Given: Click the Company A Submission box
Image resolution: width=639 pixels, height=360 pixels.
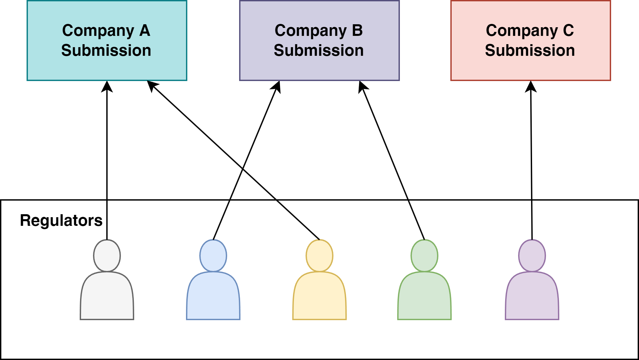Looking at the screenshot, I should click(107, 41).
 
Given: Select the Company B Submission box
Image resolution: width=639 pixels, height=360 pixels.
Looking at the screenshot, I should click(319, 41).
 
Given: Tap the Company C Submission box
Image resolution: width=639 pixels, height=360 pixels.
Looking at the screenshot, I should click(530, 41).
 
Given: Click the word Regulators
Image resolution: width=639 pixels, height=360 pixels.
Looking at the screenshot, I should click(61, 220).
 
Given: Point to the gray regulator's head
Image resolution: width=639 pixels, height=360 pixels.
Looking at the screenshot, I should click(107, 256).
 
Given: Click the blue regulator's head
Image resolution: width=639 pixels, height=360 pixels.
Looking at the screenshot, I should click(213, 256).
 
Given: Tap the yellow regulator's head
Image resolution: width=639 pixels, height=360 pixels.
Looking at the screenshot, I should click(319, 256).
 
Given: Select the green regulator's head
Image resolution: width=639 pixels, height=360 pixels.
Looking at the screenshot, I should click(424, 256).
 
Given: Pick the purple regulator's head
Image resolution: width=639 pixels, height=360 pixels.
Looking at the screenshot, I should click(532, 256).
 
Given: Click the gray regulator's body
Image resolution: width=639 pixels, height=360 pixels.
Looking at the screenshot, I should click(107, 297).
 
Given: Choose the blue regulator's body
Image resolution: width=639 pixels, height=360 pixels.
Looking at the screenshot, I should click(213, 297).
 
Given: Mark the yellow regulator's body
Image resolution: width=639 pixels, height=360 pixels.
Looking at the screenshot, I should click(319, 297).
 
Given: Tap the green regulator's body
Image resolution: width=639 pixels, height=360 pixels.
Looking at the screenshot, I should click(424, 297).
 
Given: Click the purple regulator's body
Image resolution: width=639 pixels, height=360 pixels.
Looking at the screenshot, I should click(532, 297).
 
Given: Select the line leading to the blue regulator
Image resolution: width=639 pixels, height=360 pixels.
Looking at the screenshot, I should click(222, 220).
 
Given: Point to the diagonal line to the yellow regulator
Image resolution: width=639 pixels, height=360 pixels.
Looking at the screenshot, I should click(298, 220).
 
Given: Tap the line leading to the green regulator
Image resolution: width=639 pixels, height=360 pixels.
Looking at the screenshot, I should click(416, 220).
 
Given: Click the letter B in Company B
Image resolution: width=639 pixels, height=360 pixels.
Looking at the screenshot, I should click(357, 31).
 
